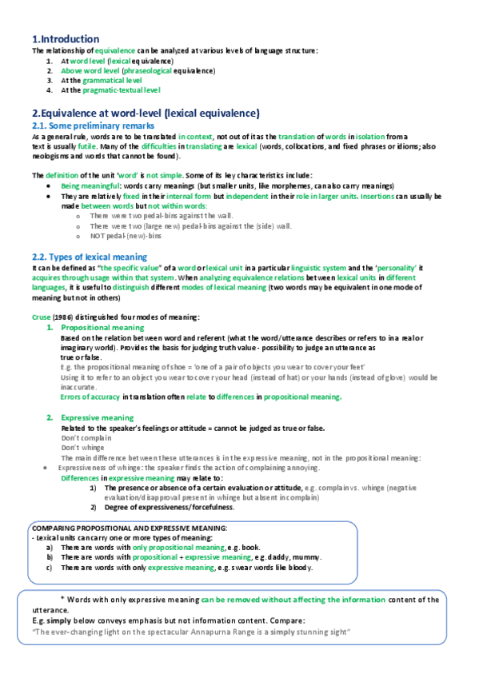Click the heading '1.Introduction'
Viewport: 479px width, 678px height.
(x=66, y=39)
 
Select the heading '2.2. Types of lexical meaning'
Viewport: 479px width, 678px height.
(x=89, y=256)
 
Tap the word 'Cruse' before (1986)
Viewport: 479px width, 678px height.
(x=39, y=318)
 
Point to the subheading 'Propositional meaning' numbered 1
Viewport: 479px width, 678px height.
(x=102, y=328)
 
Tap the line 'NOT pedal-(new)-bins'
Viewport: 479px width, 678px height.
(x=127, y=235)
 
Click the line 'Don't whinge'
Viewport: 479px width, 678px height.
(x=83, y=448)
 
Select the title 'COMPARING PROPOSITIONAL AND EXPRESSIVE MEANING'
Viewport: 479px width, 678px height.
(x=130, y=506)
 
